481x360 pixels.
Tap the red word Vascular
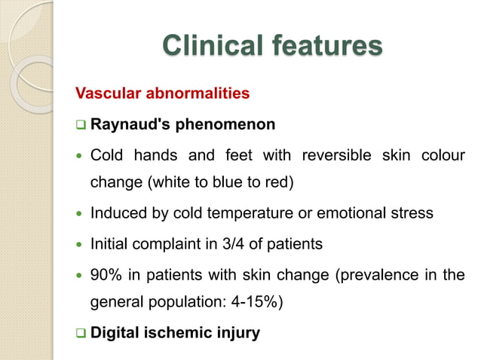point(103,94)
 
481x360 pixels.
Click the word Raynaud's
point(124,124)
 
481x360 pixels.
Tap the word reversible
point(336,156)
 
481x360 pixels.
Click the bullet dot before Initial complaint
point(80,245)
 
